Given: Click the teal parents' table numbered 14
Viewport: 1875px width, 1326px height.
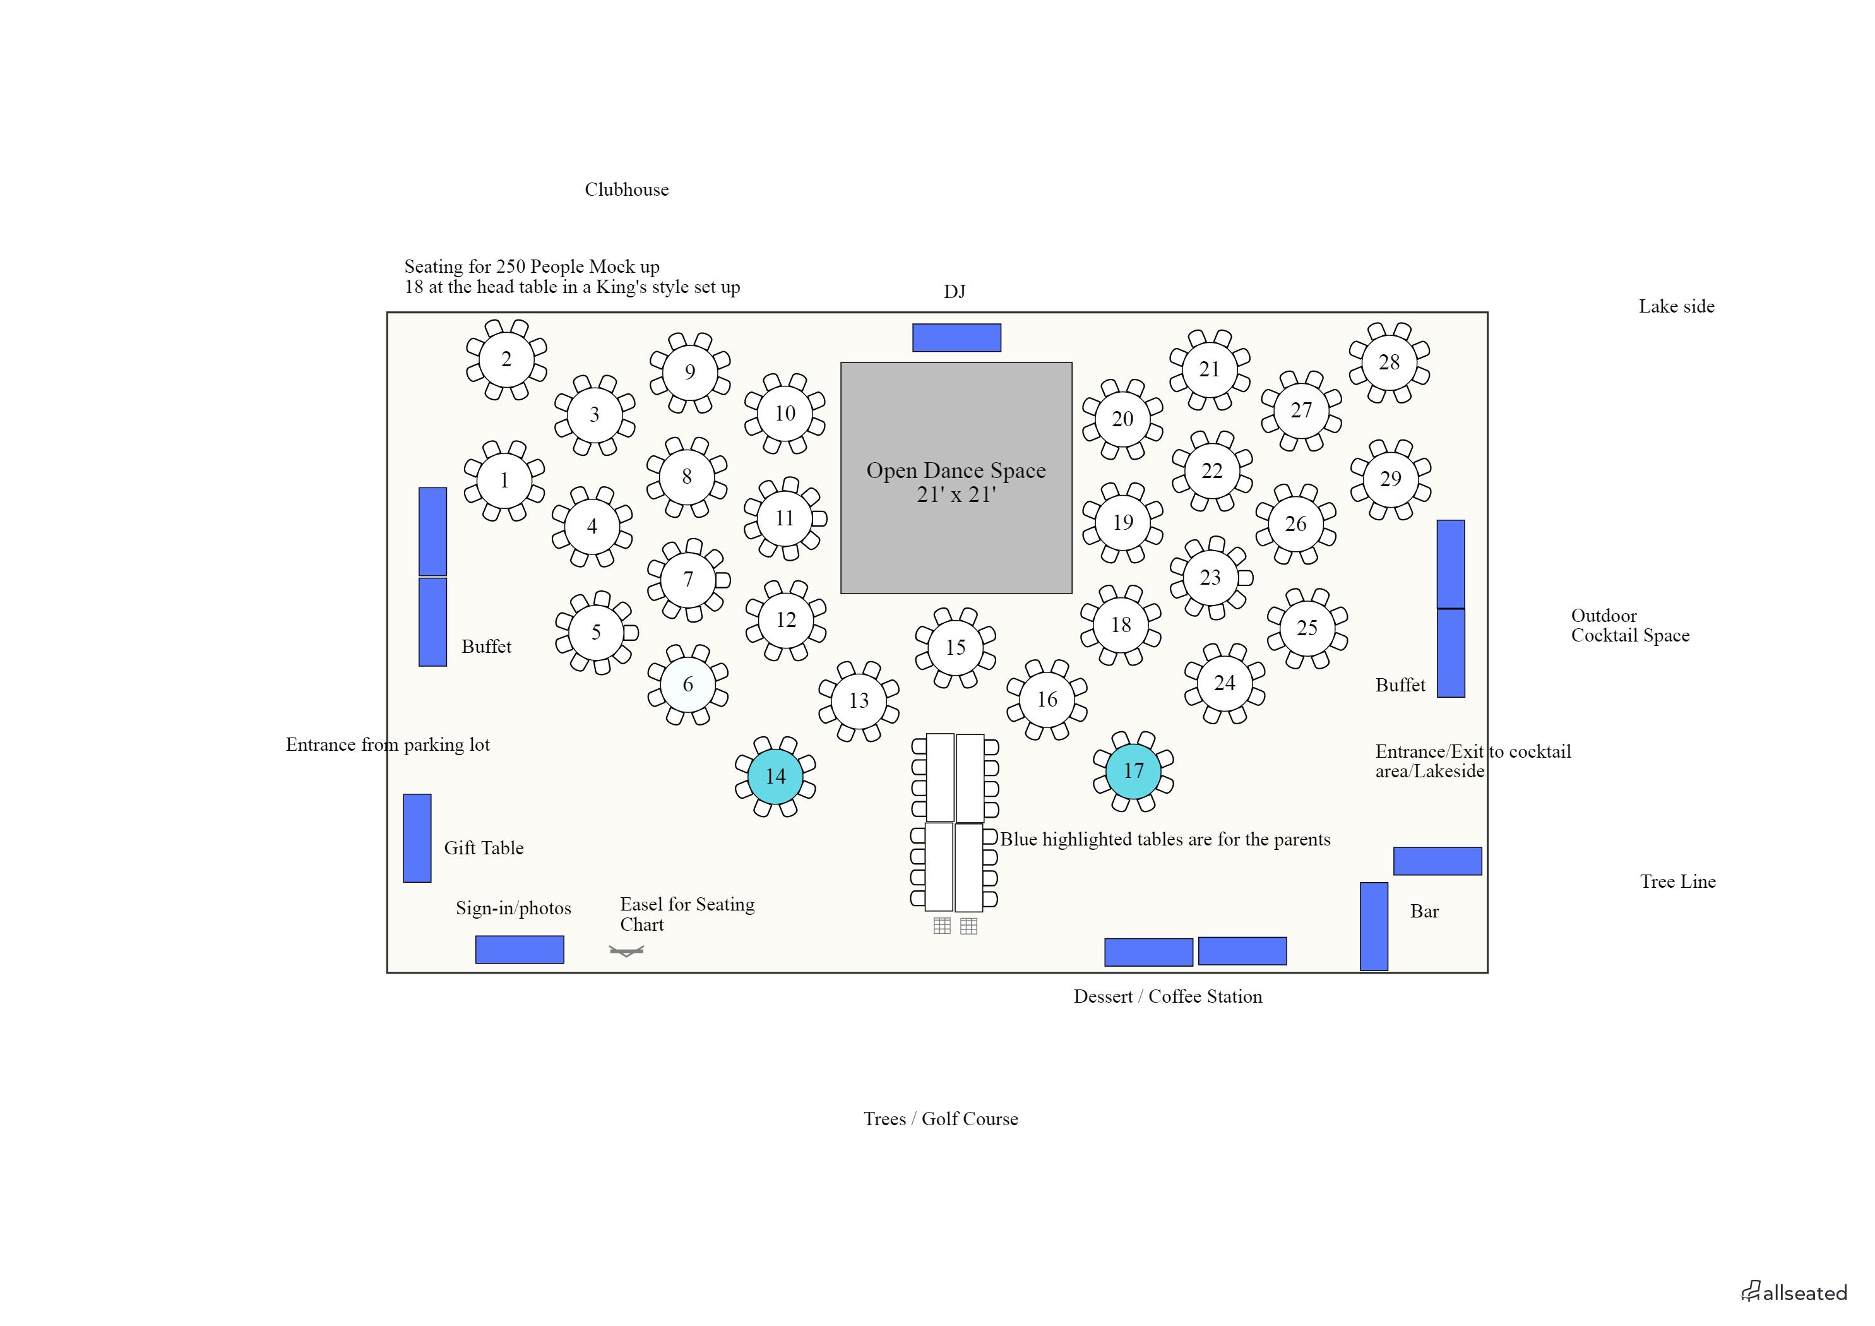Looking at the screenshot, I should point(775,776).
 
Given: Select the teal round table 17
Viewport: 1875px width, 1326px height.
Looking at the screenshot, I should point(1133,770).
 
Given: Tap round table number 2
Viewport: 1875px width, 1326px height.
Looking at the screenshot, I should point(506,359).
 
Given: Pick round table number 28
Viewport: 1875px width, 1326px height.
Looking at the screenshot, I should point(1388,362).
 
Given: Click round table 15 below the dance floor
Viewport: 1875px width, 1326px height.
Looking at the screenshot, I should point(955,647).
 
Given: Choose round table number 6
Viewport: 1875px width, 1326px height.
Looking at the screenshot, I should point(687,684).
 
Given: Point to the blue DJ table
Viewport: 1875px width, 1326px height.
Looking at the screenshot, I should point(956,337).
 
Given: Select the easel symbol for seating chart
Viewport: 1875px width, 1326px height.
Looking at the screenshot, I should point(626,951).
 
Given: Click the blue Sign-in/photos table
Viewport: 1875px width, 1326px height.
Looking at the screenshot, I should point(520,950).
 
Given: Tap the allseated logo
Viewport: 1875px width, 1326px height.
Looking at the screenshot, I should point(1794,1293).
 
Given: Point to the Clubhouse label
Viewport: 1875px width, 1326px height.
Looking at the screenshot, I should point(626,189).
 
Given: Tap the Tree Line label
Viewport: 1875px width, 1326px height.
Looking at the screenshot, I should point(1677,881).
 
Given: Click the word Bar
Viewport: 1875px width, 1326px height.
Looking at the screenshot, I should point(1424,912).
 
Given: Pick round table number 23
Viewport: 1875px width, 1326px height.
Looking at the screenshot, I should point(1210,578).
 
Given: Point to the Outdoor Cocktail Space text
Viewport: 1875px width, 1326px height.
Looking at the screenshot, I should point(1629,626).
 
